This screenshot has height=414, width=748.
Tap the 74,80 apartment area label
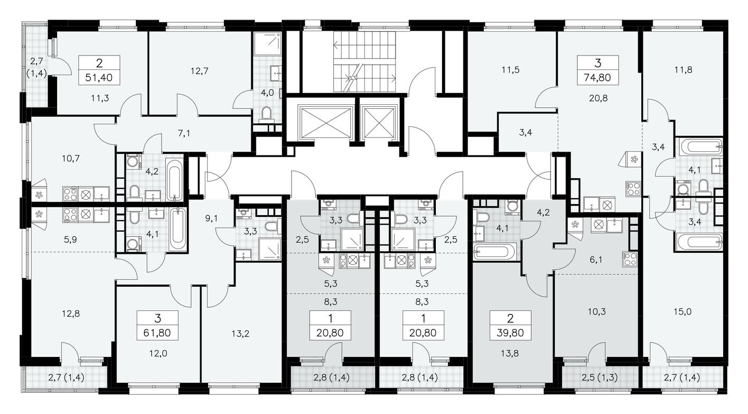click(x=597, y=78)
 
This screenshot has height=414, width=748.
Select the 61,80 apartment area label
click(x=157, y=334)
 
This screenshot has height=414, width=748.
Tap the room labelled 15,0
click(x=682, y=312)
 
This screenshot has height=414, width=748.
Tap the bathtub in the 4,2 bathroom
click(x=174, y=179)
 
